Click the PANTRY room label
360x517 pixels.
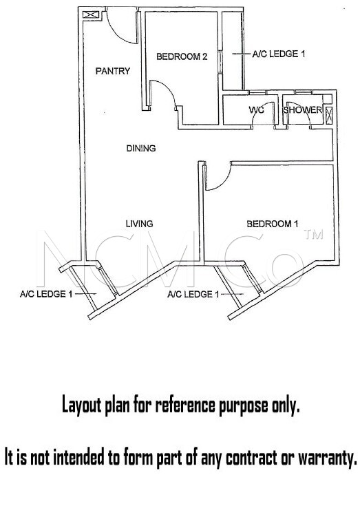pyautogui.click(x=113, y=71)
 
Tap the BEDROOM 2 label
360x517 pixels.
pyautogui.click(x=182, y=56)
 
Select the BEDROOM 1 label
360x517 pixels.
pyautogui.click(x=273, y=224)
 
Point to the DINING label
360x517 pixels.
pyautogui.click(x=141, y=149)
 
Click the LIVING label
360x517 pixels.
pyautogui.click(x=140, y=224)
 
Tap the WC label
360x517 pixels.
pyautogui.click(x=257, y=109)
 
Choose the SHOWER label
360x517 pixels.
pyautogui.click(x=303, y=109)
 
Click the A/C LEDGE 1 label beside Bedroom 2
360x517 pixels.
pyautogui.click(x=279, y=54)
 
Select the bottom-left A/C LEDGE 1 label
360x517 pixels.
pyautogui.click(x=46, y=294)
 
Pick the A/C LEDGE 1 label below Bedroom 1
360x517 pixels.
pyautogui.click(x=193, y=294)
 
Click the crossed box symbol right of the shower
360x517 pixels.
pyautogui.click(x=329, y=116)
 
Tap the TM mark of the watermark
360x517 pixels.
pyautogui.click(x=313, y=234)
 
